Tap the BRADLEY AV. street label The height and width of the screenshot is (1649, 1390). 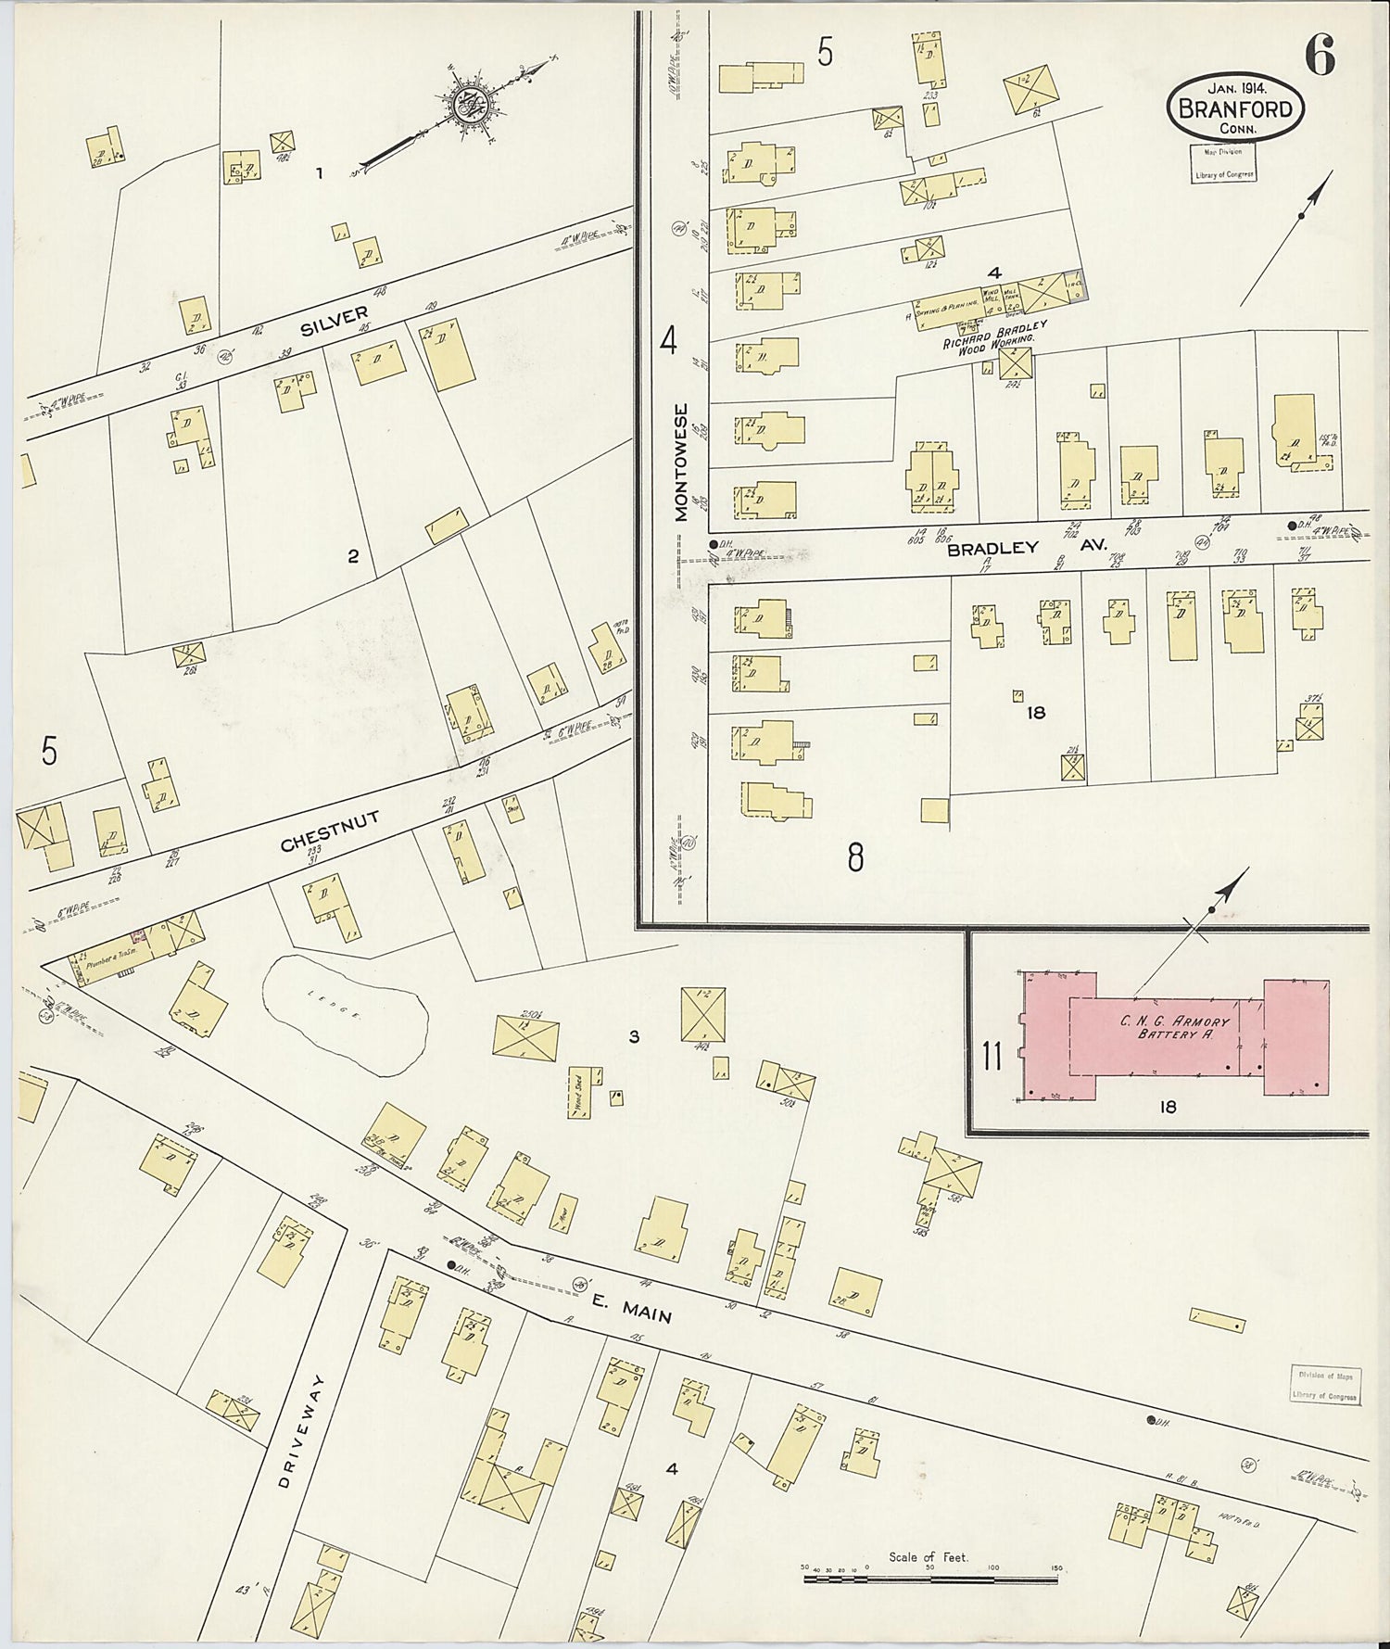pyautogui.click(x=1027, y=548)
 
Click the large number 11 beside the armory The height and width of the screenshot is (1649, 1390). pyautogui.click(x=992, y=1056)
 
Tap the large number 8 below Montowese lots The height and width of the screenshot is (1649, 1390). pyautogui.click(x=855, y=857)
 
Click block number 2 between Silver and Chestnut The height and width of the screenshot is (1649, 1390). pyautogui.click(x=352, y=557)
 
